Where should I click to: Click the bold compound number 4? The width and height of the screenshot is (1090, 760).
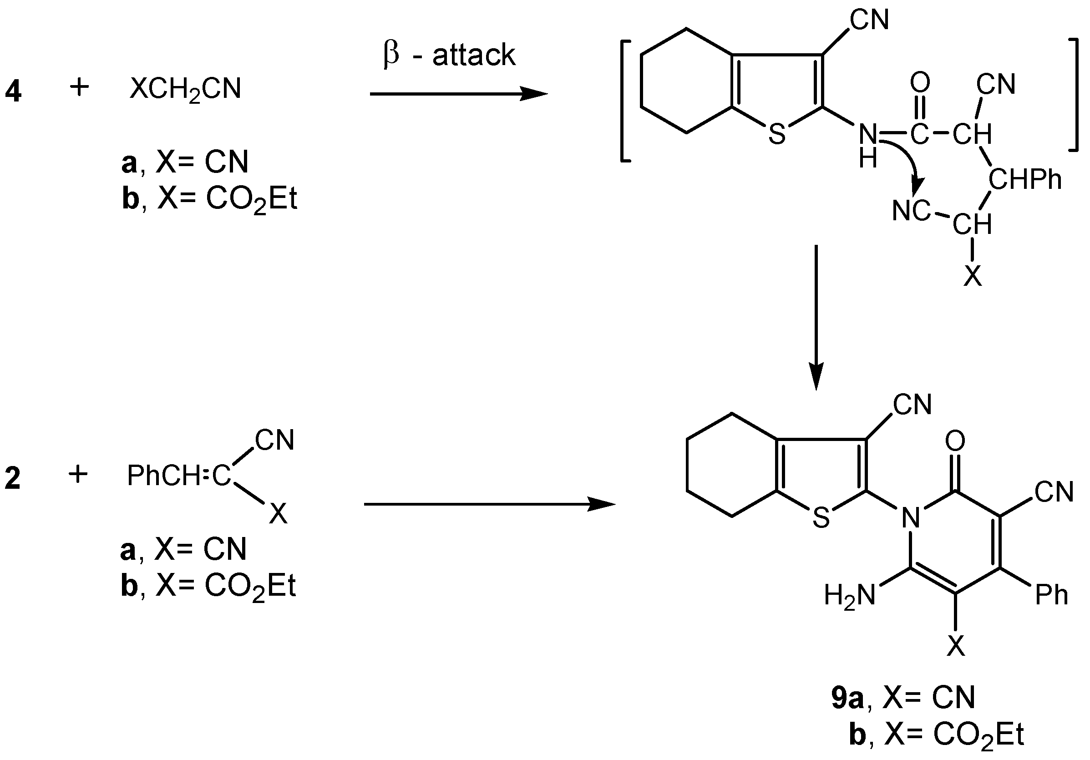(x=13, y=91)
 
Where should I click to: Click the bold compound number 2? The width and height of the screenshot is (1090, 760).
(x=13, y=478)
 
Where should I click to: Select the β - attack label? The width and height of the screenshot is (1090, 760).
(x=449, y=55)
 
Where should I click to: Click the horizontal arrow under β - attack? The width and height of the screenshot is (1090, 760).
(x=458, y=94)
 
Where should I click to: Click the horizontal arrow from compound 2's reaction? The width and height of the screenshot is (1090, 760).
(x=489, y=504)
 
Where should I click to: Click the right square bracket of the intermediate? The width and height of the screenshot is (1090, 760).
(x=1075, y=95)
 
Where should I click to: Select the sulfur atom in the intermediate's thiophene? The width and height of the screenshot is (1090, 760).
(x=777, y=134)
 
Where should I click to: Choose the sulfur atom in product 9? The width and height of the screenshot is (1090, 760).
(x=821, y=518)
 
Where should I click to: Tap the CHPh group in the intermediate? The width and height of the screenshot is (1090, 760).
(x=1025, y=180)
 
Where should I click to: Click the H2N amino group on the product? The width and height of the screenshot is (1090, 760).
(x=850, y=595)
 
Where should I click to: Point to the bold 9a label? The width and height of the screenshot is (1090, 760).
(x=847, y=697)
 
